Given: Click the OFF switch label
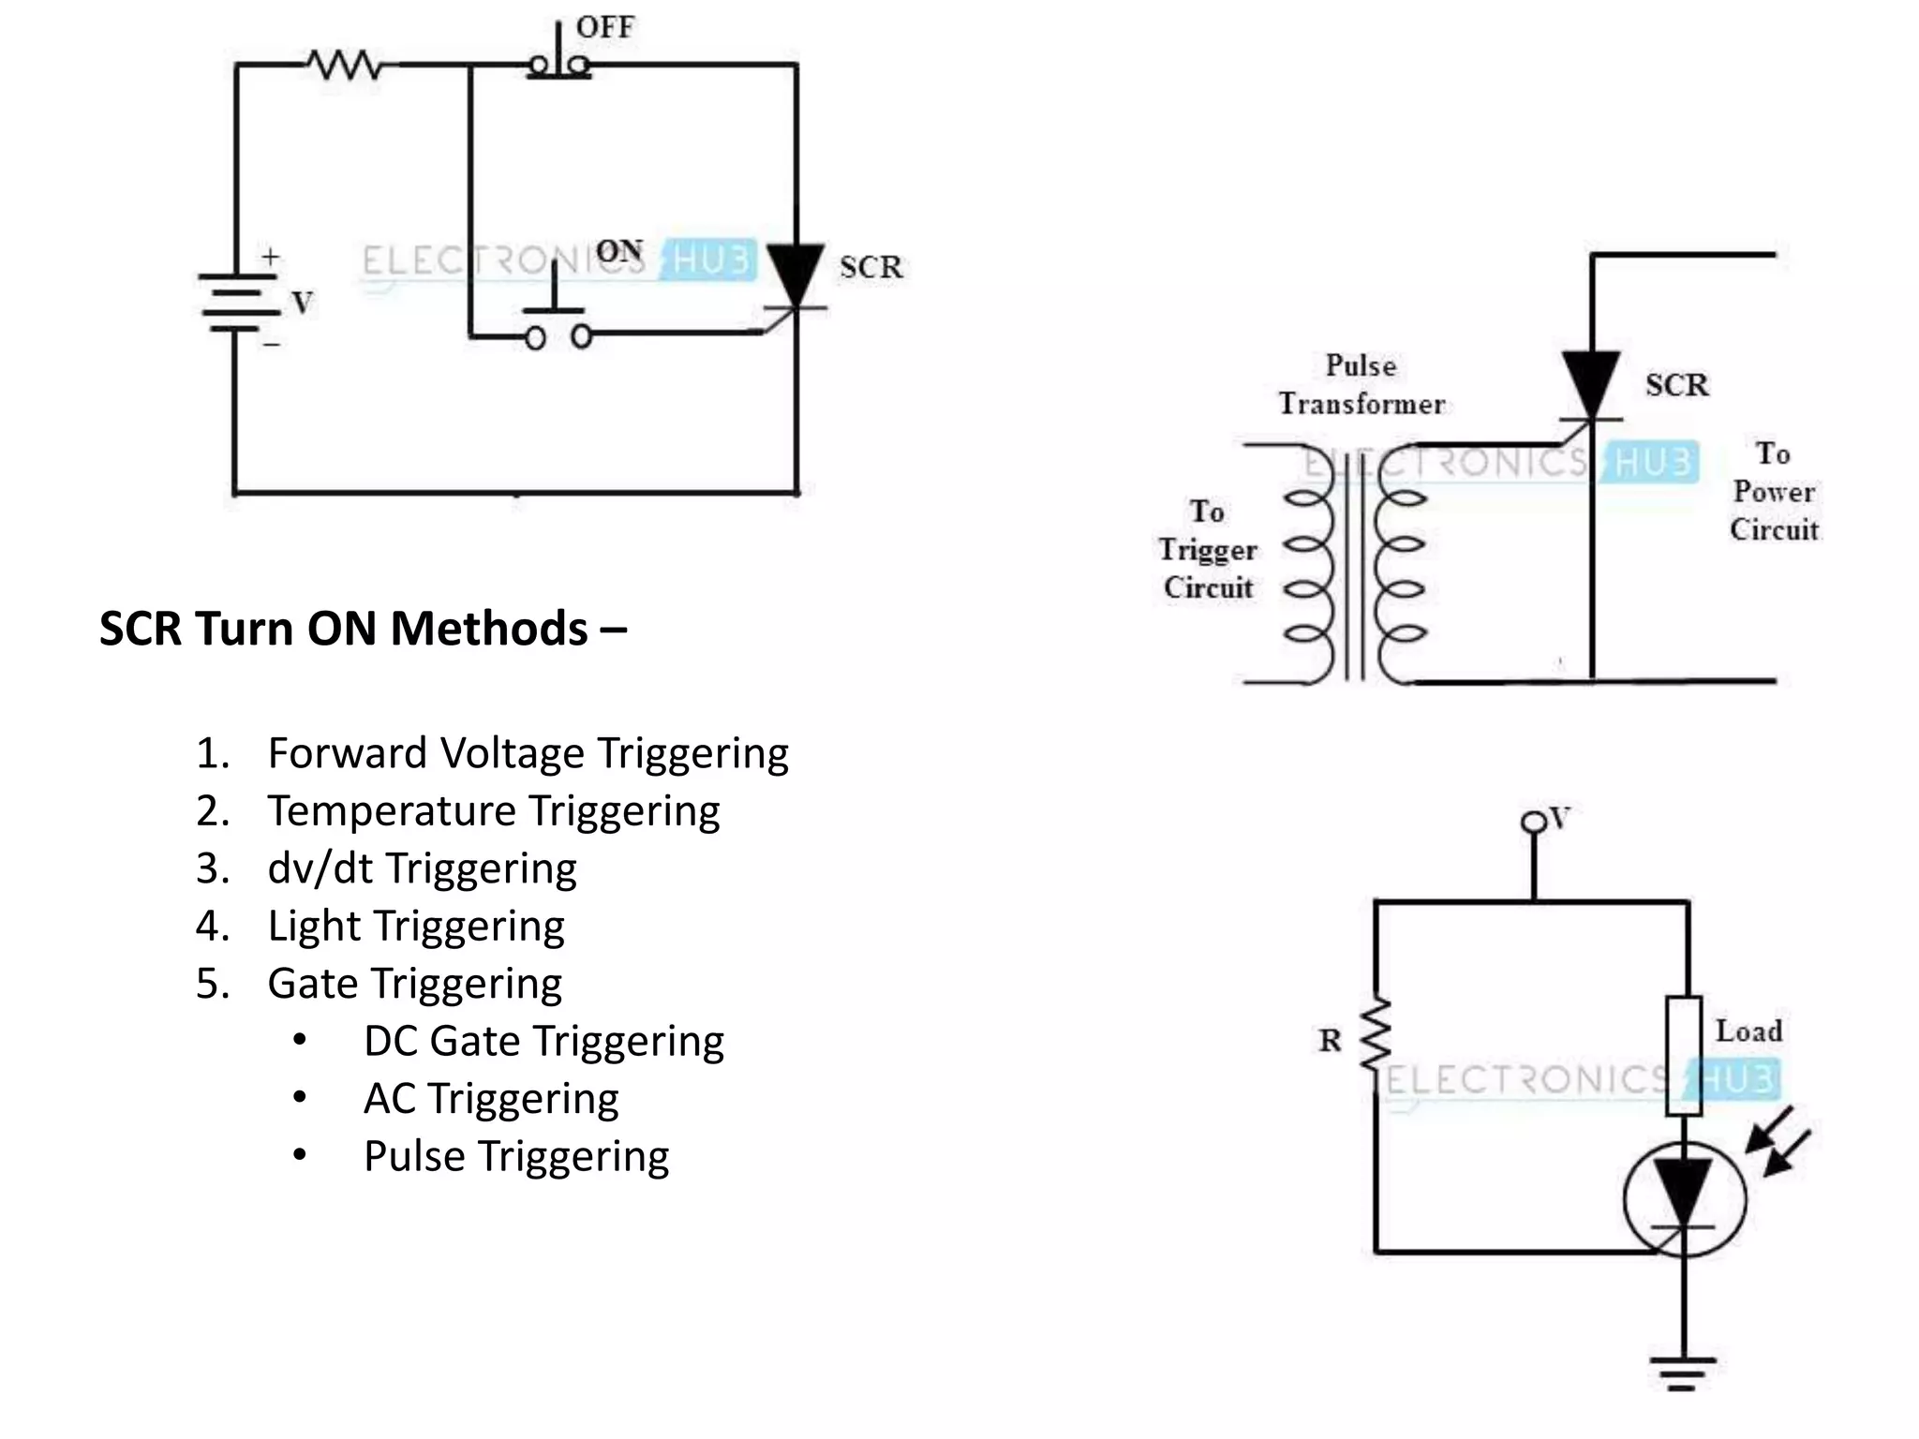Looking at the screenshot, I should (x=604, y=27).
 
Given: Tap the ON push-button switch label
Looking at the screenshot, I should (x=618, y=251).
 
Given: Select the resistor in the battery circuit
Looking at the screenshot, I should (x=345, y=66).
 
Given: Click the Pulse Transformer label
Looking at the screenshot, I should (x=1361, y=384).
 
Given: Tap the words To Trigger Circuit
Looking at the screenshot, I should (x=1207, y=550).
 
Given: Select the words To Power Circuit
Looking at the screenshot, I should (x=1773, y=492).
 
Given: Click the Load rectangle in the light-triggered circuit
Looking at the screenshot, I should (x=1684, y=1056).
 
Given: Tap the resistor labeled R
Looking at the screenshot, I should (x=1376, y=1035).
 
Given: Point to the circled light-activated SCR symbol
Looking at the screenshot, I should (x=1684, y=1199).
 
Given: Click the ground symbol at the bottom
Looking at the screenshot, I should (x=1683, y=1372).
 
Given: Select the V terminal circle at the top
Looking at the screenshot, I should (x=1533, y=823).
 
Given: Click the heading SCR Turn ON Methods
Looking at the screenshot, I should (x=362, y=629).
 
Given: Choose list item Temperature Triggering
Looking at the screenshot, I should (x=493, y=811).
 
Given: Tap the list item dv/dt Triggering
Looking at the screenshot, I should (x=422, y=868).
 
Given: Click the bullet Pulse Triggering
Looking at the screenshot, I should (x=515, y=1157).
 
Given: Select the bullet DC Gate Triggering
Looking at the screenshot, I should (x=543, y=1042).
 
